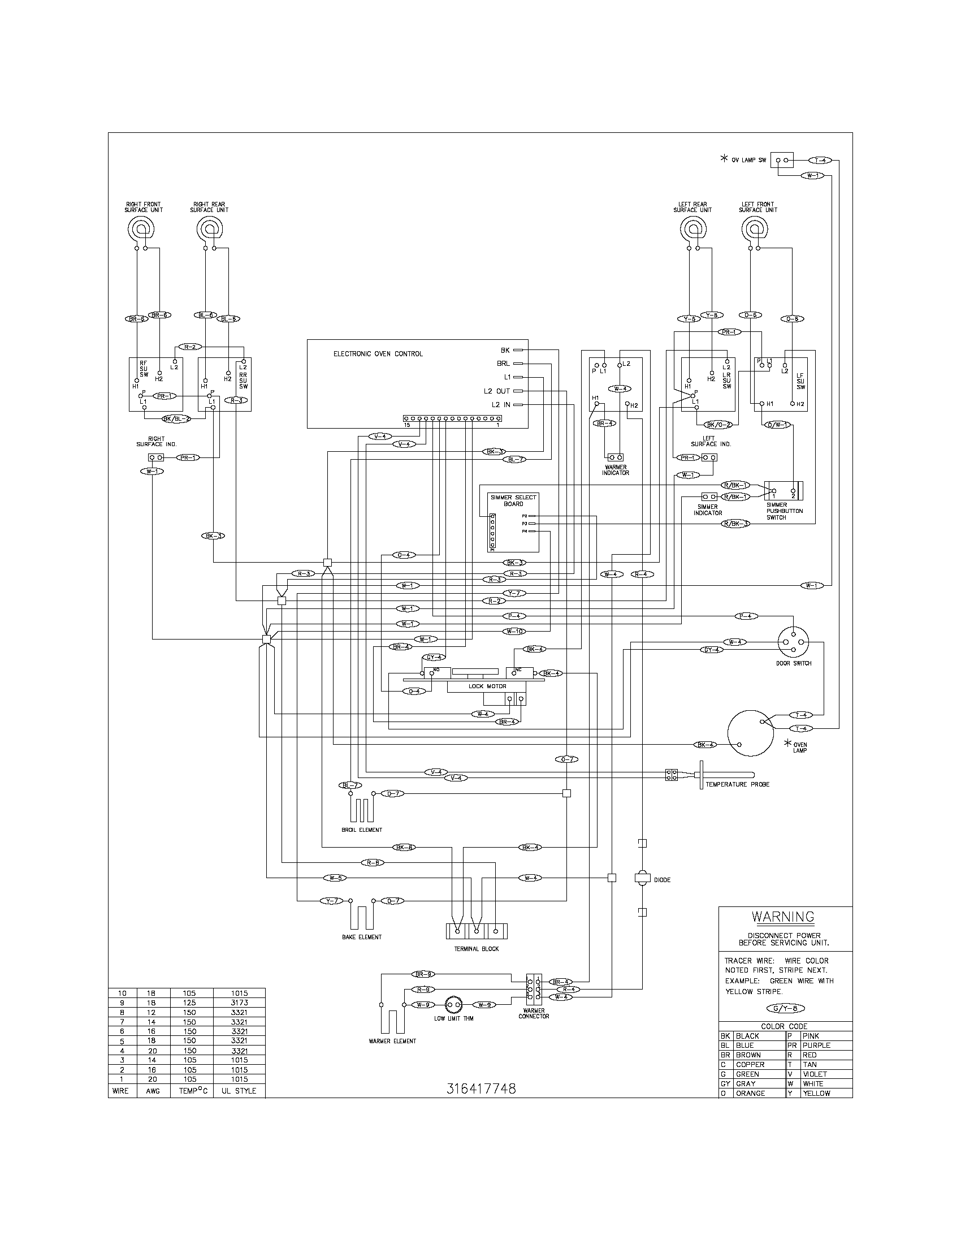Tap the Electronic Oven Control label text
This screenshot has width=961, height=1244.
378,354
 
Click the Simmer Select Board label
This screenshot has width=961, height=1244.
513,500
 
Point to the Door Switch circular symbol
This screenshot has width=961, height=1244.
793,642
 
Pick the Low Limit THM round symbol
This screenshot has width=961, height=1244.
454,1005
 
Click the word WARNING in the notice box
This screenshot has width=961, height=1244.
783,917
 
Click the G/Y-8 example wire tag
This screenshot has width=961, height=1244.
786,1008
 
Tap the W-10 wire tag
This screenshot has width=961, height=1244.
513,631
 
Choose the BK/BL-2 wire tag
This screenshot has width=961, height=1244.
176,418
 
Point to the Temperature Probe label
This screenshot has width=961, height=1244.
737,784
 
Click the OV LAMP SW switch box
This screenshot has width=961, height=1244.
782,161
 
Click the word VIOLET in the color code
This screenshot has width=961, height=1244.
815,1074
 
